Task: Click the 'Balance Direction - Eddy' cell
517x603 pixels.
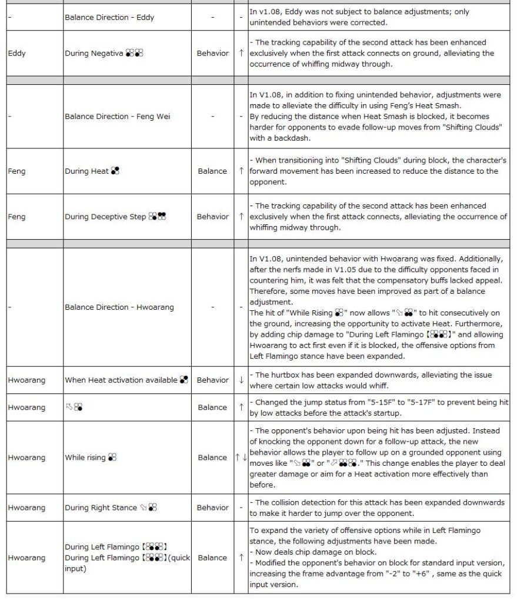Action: coord(109,17)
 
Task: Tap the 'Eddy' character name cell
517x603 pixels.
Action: coord(17,53)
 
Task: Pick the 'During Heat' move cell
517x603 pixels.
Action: coord(92,171)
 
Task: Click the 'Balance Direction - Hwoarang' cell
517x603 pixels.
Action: coord(119,307)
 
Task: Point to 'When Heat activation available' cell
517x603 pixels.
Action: coord(126,380)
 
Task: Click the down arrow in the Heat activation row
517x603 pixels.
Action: coord(241,380)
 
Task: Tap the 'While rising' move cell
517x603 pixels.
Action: coord(91,457)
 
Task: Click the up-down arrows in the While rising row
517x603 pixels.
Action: coord(241,457)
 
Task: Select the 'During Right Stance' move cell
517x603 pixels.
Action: coord(111,508)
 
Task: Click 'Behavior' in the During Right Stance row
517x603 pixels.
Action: coord(212,508)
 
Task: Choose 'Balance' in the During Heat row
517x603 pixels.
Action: coord(212,171)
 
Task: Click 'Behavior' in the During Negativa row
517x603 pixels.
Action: coord(212,53)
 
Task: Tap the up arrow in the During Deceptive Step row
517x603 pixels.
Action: coord(241,217)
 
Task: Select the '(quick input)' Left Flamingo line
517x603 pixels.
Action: coord(128,564)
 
